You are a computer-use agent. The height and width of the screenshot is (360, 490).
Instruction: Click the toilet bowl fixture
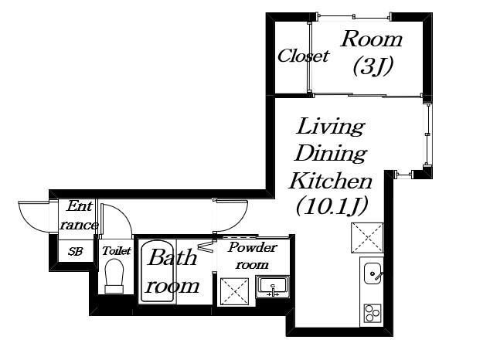(114, 277)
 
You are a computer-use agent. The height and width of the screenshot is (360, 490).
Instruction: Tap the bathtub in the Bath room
(157, 270)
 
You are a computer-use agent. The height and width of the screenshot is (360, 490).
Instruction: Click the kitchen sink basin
(373, 273)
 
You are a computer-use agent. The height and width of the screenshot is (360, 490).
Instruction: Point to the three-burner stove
(373, 313)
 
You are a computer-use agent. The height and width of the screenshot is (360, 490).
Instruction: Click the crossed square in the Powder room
(234, 291)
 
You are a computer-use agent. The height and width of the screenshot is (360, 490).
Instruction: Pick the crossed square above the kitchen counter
(367, 237)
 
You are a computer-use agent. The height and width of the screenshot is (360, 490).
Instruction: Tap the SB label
(75, 251)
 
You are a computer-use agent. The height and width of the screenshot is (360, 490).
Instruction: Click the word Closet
(303, 56)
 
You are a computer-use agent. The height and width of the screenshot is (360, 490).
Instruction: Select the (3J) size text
(373, 66)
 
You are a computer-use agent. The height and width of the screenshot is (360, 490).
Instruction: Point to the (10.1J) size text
(332, 207)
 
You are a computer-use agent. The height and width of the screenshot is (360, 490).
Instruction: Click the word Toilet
(117, 251)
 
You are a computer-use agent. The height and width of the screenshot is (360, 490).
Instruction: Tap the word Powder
(253, 247)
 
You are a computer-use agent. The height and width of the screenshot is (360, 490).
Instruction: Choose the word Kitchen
(330, 181)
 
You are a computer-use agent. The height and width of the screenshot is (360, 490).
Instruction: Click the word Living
(330, 127)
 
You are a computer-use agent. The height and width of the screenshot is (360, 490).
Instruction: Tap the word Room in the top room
(371, 39)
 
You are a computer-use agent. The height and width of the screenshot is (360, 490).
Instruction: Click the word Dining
(331, 153)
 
